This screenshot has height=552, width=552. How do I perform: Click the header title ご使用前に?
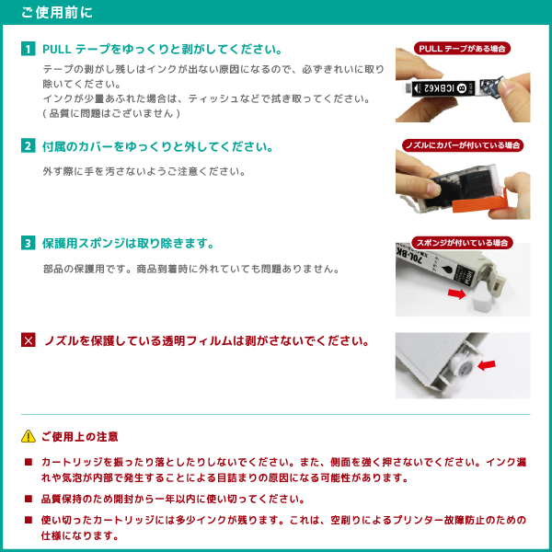(57, 12)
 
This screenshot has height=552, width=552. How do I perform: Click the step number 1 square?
(29, 49)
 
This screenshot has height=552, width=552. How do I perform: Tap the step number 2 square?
(29, 146)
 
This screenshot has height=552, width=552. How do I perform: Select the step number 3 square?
(29, 243)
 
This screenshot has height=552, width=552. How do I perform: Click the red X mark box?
(29, 340)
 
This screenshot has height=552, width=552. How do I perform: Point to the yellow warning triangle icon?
(29, 436)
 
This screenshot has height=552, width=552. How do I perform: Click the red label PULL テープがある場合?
(462, 48)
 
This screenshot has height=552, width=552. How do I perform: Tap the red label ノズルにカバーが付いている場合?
(463, 145)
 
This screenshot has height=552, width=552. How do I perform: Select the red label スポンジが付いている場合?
(462, 243)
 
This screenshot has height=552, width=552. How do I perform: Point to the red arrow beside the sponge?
(456, 293)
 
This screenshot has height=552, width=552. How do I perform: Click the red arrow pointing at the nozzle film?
(487, 365)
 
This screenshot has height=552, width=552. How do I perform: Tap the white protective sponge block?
(479, 301)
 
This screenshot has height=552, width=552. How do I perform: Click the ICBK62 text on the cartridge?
(439, 88)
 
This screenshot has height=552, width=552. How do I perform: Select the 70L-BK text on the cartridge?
(409, 256)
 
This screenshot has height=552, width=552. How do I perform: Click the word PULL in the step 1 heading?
(57, 50)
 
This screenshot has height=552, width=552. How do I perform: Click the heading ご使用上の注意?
(79, 436)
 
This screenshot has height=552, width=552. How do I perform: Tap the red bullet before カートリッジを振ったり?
(29, 462)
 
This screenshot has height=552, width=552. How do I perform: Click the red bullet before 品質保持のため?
(29, 499)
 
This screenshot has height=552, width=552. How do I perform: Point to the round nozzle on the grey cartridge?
(465, 369)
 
